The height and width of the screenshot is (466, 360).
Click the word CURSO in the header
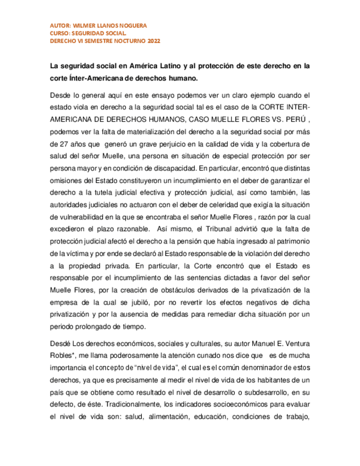(x=59, y=34)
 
